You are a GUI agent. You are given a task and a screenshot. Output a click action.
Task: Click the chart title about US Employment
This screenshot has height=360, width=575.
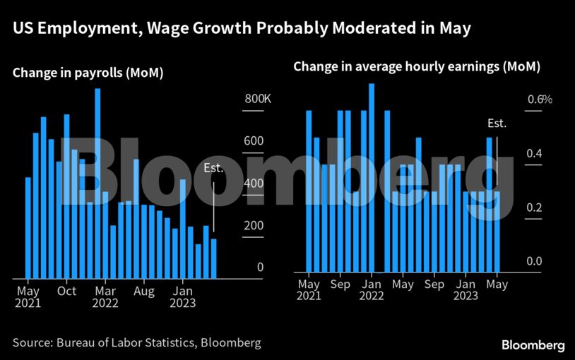pos(241,29)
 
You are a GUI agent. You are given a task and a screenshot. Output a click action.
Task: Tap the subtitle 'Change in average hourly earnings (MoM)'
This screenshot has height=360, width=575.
pos(416,68)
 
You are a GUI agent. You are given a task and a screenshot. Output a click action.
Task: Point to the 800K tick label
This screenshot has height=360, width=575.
pos(258,100)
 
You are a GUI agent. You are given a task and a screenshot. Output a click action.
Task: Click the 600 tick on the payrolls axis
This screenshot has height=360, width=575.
pos(254,141)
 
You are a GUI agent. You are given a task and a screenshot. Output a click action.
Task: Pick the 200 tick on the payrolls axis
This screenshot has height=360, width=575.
pos(254,225)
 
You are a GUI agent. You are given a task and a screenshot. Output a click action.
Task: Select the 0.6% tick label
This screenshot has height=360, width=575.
pos(540,100)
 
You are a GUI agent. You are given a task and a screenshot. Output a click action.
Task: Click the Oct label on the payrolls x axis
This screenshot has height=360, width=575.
pos(66,291)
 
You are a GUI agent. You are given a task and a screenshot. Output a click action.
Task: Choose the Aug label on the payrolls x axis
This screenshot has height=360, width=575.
pos(144,291)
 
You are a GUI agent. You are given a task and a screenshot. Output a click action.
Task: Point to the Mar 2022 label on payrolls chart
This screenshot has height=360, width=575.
pos(105,297)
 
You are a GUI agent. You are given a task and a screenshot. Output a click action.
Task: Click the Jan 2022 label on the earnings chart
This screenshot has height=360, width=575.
pos(372,291)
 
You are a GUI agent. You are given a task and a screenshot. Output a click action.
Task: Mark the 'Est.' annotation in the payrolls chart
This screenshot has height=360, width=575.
pos(213,168)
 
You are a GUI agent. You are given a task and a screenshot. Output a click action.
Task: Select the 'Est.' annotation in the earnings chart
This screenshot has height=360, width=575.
pos(497,124)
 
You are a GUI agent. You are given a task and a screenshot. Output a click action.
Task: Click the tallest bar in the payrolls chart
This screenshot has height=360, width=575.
pos(97,184)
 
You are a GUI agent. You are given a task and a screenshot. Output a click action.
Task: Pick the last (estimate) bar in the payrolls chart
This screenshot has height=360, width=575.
pos(213,258)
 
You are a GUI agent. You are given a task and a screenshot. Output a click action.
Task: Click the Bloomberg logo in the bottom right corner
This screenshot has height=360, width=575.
pos(533,345)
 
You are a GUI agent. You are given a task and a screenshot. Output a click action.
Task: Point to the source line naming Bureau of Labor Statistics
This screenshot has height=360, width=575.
pos(136,343)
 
